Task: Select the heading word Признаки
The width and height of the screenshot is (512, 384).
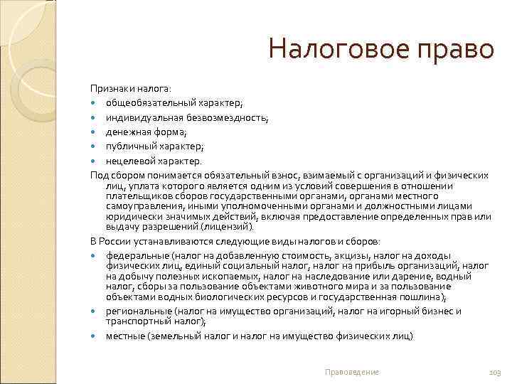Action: pyautogui.click(x=110, y=87)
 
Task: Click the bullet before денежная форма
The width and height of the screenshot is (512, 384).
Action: pyautogui.click(x=95, y=132)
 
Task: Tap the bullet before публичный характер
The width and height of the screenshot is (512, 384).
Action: pyautogui.click(x=95, y=146)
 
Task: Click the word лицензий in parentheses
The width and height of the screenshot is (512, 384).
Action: pyautogui.click(x=230, y=226)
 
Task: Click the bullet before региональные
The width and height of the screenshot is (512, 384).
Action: pyautogui.click(x=95, y=311)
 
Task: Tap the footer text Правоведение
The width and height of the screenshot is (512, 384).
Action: pyautogui.click(x=351, y=372)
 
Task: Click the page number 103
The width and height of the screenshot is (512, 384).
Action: pyautogui.click(x=495, y=372)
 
